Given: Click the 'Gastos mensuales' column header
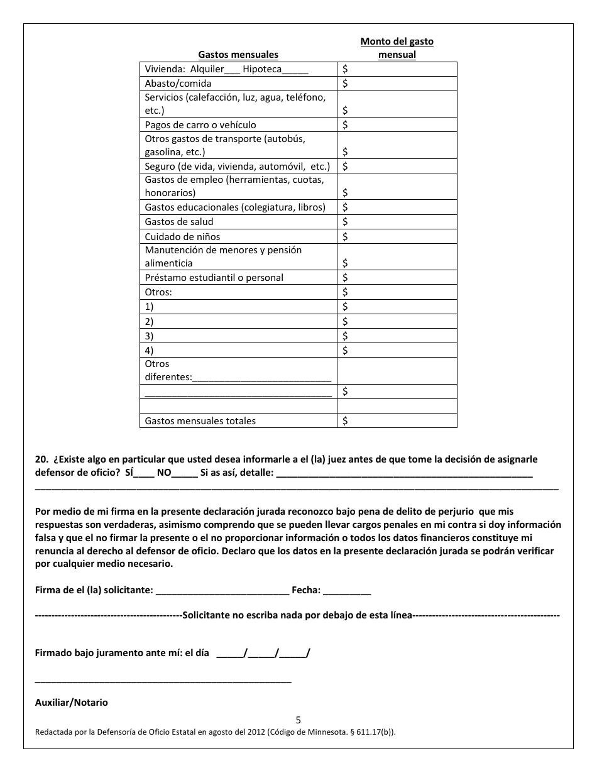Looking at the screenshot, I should [238, 55].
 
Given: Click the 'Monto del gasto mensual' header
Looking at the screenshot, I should [397, 48].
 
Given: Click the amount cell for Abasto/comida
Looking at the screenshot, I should [397, 84].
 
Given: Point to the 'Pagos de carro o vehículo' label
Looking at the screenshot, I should [200, 125].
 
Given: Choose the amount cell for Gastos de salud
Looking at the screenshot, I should [397, 222].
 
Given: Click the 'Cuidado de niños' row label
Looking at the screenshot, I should [182, 237].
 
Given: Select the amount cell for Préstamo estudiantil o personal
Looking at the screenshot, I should [397, 278].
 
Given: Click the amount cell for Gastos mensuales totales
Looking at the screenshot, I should [397, 421].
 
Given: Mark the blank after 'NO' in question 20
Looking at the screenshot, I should [185, 473].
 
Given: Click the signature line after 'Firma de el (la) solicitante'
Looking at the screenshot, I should [222, 591].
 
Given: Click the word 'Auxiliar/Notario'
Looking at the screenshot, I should [71, 703].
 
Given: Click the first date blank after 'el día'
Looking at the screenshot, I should [230, 654].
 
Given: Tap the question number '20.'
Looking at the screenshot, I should [41, 459].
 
